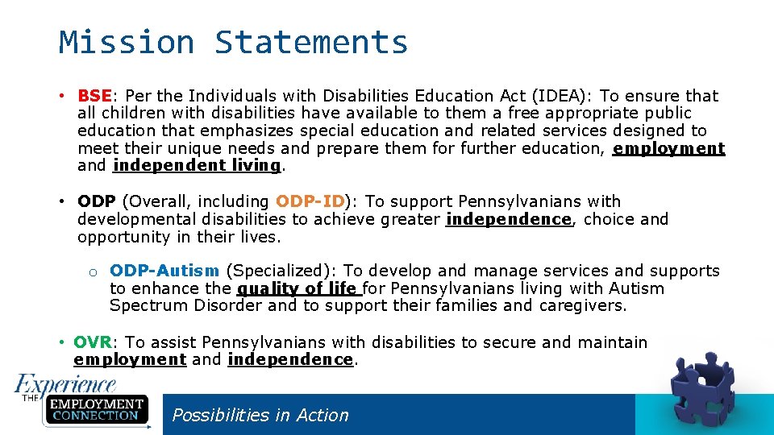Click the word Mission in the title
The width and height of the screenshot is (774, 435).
(x=126, y=42)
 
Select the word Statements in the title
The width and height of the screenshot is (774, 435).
(x=311, y=42)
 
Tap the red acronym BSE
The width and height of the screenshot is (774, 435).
(x=94, y=96)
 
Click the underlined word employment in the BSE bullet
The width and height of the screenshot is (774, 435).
(x=668, y=148)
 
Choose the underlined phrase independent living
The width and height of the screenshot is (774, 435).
(x=197, y=166)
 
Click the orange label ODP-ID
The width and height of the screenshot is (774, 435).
(x=310, y=201)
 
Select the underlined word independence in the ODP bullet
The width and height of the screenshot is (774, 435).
(x=508, y=219)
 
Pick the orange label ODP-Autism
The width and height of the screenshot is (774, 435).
(x=164, y=271)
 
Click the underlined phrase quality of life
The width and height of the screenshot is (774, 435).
(x=298, y=288)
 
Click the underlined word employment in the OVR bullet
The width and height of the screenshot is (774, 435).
(x=130, y=360)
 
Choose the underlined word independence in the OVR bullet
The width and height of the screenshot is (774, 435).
(x=290, y=360)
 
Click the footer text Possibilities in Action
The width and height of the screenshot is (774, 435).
(x=260, y=415)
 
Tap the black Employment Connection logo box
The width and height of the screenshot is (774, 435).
(x=95, y=409)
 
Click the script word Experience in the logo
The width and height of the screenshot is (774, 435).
(x=66, y=383)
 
